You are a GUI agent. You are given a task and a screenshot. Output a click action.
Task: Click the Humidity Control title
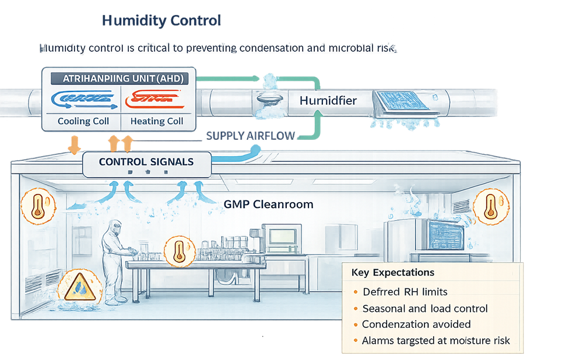pos(161,21)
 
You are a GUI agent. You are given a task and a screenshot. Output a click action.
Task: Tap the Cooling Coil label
pos(83,121)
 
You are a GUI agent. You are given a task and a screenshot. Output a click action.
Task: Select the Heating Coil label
pos(157,121)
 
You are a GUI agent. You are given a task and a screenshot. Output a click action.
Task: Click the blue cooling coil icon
pos(82,99)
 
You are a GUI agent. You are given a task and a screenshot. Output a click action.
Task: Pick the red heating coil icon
pos(156,99)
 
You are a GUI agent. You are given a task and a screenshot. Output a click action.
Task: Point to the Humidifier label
pos(328,101)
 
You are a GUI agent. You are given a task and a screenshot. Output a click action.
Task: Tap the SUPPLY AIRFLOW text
pos(251,136)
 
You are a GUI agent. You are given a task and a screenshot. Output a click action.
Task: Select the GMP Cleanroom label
pos(268,204)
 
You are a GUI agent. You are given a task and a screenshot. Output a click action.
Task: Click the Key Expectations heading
pos(392,272)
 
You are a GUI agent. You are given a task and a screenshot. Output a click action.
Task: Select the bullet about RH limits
pos(405,291)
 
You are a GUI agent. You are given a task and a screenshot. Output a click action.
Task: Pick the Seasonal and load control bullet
pos(424,308)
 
